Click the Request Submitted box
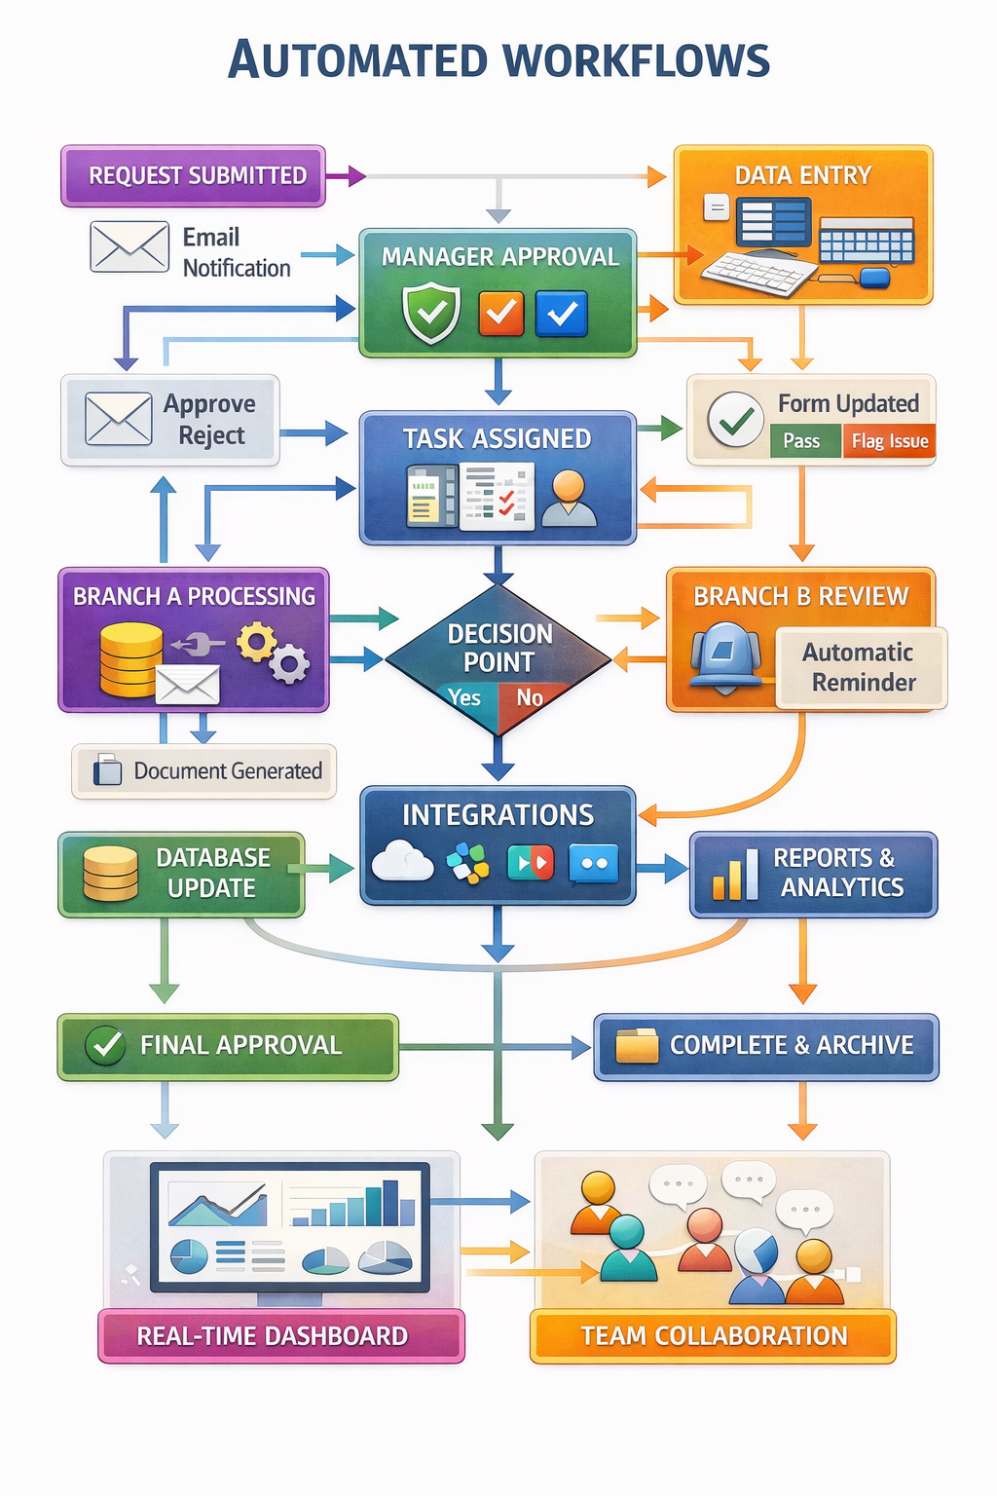193,176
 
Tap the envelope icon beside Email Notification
129,246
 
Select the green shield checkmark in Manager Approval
431,313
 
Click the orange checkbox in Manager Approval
501,314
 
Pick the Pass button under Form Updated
802,441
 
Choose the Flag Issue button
889,441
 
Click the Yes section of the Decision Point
465,698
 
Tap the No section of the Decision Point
530,698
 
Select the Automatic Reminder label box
861,667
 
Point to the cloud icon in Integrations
402,861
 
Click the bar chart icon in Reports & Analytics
735,874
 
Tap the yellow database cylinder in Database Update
110,873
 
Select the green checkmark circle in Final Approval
104,1046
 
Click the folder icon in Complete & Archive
637,1045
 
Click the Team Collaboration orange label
713,1335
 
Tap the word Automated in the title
358,60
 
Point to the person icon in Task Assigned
569,498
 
